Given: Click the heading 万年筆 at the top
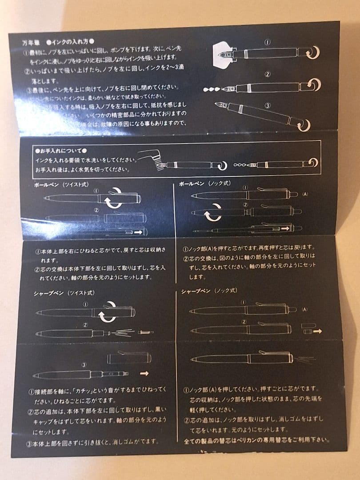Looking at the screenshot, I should tap(32, 43).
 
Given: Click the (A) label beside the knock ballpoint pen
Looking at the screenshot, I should tap(305, 194).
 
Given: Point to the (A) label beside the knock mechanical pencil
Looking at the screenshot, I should tap(305, 309).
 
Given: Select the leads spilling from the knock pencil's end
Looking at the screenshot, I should tap(304, 358).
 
